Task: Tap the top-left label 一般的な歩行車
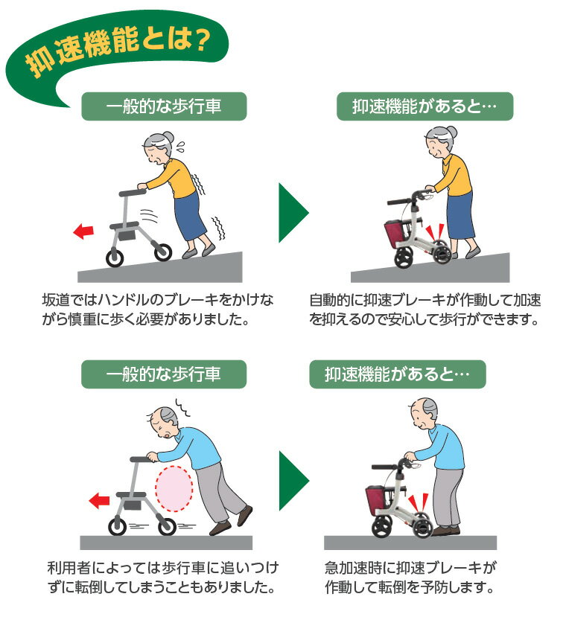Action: click(x=163, y=107)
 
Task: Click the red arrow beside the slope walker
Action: click(x=85, y=231)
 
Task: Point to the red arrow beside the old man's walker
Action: click(x=98, y=501)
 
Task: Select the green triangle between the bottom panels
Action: click(x=293, y=480)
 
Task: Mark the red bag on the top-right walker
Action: click(x=395, y=232)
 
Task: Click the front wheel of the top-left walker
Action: click(x=115, y=258)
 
